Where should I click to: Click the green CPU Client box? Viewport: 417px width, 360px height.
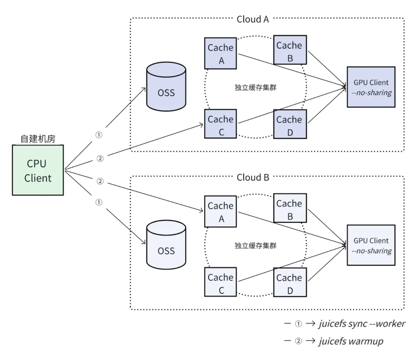[38, 170]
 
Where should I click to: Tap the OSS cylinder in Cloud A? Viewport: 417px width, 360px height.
[166, 87]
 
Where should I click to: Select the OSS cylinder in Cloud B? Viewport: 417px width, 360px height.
[166, 245]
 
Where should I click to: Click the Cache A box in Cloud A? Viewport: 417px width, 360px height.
[220, 53]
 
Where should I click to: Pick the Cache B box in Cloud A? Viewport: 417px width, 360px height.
[290, 50]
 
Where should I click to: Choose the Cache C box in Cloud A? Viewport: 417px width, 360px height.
[220, 124]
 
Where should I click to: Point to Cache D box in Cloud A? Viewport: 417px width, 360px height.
[290, 124]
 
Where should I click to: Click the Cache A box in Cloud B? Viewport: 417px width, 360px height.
[220, 212]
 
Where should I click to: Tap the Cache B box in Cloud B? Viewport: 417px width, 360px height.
[290, 208]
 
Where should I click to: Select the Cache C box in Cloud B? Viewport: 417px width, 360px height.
[220, 282]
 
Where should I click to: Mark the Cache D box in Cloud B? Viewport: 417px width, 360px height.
[290, 282]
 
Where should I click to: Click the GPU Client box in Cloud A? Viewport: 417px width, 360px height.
[371, 87]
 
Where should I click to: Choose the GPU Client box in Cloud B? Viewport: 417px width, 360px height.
[371, 245]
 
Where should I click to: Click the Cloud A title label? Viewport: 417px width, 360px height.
[253, 19]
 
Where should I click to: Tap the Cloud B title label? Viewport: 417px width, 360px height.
[253, 177]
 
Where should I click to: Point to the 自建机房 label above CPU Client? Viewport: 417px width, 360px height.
[38, 139]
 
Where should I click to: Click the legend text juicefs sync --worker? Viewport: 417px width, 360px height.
[362, 324]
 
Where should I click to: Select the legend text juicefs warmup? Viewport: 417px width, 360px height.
[351, 341]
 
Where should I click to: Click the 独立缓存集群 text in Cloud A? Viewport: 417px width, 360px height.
[256, 88]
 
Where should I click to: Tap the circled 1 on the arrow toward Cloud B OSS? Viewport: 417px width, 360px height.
[99, 202]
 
